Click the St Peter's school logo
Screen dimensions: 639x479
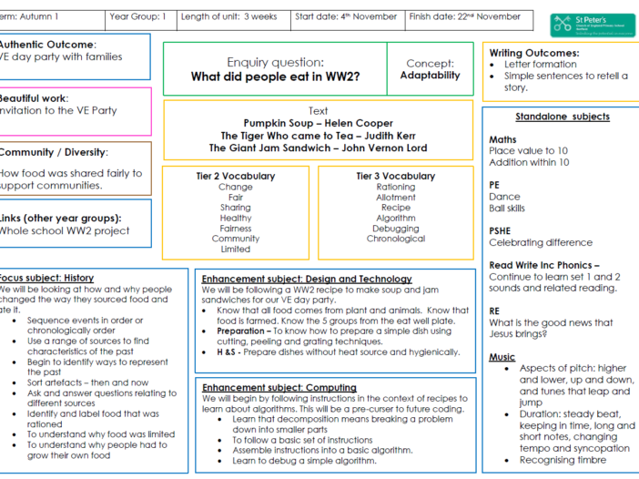tap(593, 25)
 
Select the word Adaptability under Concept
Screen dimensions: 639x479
tap(430, 76)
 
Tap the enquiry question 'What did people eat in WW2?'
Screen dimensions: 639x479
tap(275, 76)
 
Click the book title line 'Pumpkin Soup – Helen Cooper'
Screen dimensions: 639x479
tap(319, 123)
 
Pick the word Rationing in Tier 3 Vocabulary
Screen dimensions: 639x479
tap(396, 187)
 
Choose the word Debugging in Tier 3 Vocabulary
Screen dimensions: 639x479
tap(396, 229)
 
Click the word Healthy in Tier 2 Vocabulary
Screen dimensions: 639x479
tap(236, 218)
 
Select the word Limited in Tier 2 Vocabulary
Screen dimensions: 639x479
tap(236, 250)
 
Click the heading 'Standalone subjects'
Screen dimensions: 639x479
tap(563, 117)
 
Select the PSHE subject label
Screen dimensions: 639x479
tap(500, 230)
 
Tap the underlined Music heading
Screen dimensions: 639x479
tap(502, 357)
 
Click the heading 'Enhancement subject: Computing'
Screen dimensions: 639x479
tap(279, 388)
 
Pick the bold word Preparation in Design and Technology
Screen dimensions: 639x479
tap(240, 331)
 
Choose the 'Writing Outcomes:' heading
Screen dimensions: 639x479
tap(533, 53)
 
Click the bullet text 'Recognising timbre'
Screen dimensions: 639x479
tap(563, 460)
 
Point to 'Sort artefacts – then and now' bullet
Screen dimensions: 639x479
tap(87, 382)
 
